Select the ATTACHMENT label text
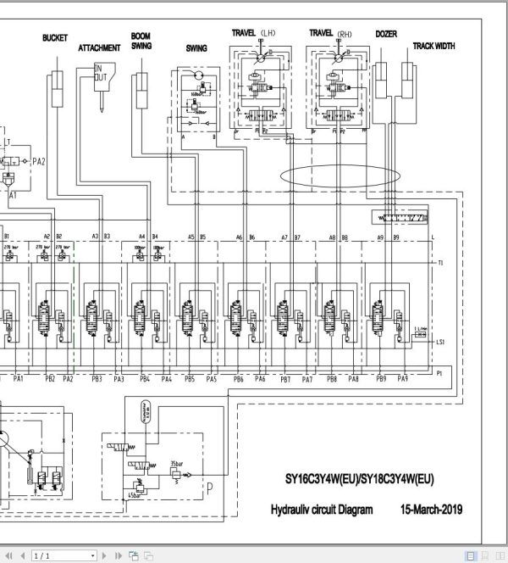(99, 47)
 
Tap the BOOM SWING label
(141, 42)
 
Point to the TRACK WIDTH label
(433, 46)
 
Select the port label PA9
(403, 379)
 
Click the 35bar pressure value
(177, 463)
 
